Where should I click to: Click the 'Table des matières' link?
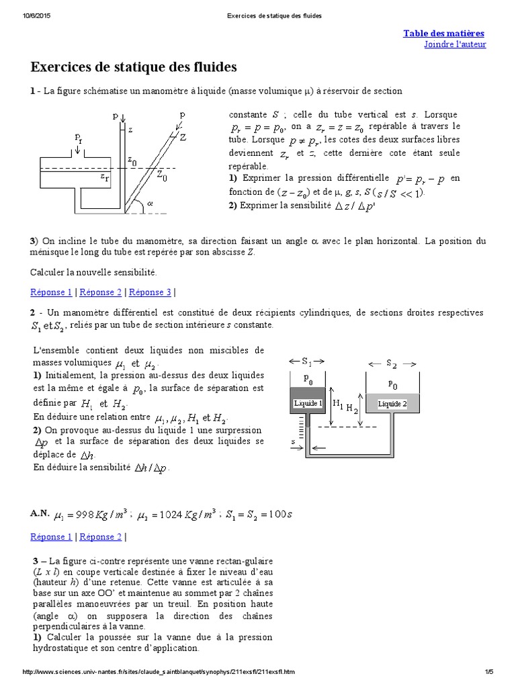(443, 33)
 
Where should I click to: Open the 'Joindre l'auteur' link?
(455, 44)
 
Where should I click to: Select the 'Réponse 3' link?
(150, 292)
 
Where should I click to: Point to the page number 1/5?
(488, 672)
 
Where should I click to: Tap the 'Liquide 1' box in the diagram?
(308, 403)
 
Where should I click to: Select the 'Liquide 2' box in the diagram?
(392, 404)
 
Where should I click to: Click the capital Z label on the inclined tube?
(183, 137)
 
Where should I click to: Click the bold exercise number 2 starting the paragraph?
(33, 313)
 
